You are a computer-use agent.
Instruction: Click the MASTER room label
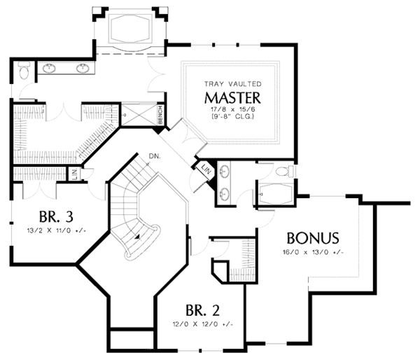[232, 98]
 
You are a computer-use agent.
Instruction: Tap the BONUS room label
[313, 238]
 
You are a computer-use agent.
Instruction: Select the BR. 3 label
[56, 216]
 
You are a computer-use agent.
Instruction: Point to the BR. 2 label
[202, 310]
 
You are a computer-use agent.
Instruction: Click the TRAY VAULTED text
[233, 84]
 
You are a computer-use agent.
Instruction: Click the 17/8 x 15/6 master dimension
[232, 110]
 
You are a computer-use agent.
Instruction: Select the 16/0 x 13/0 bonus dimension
[313, 252]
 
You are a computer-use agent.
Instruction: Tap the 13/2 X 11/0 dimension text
[57, 230]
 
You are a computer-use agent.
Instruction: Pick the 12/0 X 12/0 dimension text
[203, 324]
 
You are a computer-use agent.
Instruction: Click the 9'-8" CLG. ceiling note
[232, 116]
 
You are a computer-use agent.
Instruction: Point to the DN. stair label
[155, 156]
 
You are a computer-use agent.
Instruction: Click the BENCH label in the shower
[160, 115]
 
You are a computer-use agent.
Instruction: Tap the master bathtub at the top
[130, 29]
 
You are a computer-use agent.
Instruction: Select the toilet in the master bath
[24, 70]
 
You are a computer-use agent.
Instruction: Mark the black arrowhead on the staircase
[138, 237]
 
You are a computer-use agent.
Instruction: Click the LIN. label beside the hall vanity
[206, 169]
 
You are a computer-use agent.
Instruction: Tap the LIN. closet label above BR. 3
[74, 174]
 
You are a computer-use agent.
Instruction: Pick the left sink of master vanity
[49, 69]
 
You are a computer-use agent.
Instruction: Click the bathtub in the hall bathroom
[275, 193]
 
